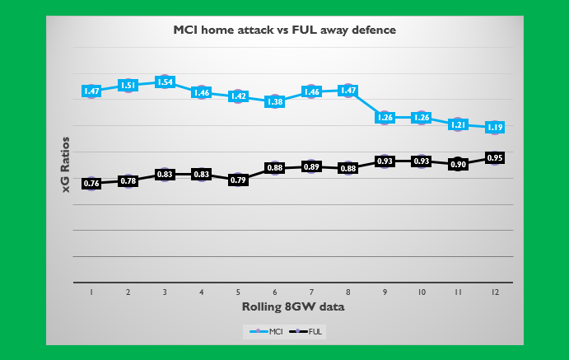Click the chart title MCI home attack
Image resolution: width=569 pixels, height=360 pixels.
coord(284,30)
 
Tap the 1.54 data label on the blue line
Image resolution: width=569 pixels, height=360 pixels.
coord(165,82)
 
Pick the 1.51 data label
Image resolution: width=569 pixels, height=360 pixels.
coord(128,85)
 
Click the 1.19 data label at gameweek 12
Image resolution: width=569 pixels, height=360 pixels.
coord(495,128)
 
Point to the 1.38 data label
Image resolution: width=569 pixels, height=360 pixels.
coord(275,102)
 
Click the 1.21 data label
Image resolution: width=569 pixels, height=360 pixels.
coord(458,125)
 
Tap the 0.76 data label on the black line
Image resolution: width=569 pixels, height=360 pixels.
coord(91,184)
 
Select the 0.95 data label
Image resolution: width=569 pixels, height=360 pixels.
coord(495,158)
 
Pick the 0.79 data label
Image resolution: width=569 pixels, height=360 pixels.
coord(238,180)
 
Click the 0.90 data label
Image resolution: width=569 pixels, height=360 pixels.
coord(458,164)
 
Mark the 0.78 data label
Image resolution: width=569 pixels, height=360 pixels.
coord(128,181)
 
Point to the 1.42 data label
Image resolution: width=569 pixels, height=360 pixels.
coord(238,96)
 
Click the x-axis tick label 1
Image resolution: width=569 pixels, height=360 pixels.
coord(91,292)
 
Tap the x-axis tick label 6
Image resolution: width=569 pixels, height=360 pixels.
coord(275,292)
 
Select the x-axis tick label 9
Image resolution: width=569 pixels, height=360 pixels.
coord(385,292)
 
